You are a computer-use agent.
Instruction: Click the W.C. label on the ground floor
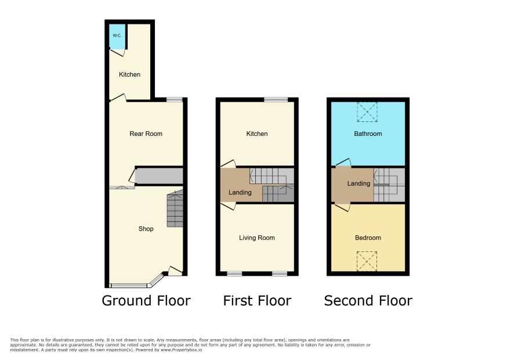coord(117,35)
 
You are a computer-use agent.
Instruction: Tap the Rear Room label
coord(146,134)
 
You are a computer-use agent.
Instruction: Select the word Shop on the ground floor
coord(146,229)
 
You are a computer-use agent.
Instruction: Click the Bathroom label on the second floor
coord(368,134)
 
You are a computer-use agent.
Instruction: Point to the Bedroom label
coord(368,237)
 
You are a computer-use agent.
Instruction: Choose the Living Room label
coord(256,237)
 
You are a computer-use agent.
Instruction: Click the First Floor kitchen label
coord(257,134)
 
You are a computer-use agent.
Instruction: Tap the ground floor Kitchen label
coord(129,74)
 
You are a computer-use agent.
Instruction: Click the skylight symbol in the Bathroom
coord(367,112)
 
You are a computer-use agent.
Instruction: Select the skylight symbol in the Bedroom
coord(367,261)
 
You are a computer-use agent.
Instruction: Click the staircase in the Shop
coord(175,208)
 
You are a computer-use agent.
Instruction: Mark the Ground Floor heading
coord(146,301)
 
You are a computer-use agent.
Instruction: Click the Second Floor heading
coord(368,301)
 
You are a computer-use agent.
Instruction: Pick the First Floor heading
coord(257,301)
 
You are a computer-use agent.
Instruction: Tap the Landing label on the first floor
coord(240,192)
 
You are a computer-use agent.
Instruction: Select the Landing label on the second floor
coord(359,183)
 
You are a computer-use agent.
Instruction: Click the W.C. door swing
coord(118,52)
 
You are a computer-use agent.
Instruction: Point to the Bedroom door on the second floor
coord(342,207)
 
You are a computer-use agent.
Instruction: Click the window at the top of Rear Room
coord(175,99)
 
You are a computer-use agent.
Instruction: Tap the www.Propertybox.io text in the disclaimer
coord(181,350)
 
